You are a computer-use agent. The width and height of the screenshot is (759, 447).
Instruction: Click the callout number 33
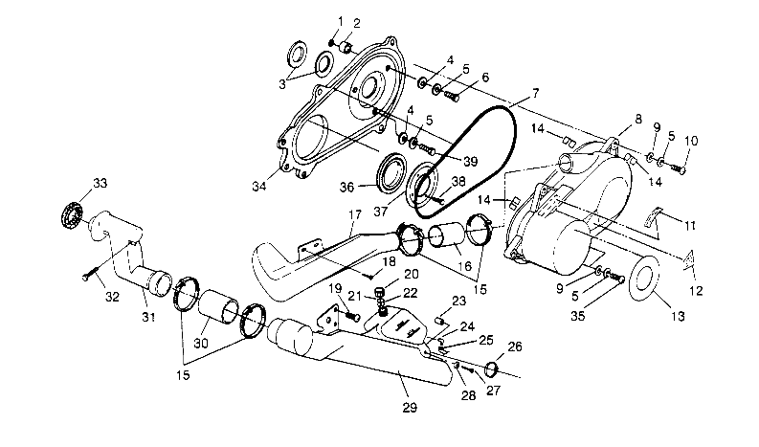(98, 182)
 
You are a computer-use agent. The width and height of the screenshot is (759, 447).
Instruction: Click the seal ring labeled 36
(390, 175)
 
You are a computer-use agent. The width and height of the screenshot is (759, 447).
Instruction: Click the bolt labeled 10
(681, 168)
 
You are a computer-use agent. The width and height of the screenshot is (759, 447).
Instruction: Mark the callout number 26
(515, 347)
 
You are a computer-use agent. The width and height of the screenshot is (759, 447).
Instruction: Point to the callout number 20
(385, 274)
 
